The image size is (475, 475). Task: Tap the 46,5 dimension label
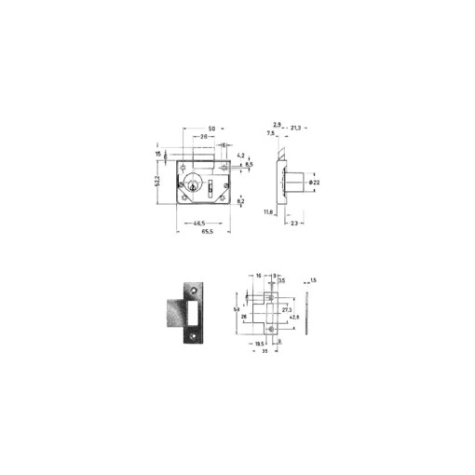coord(198,223)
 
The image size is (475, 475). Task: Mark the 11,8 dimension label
coord(268,211)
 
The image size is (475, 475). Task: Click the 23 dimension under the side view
coord(294,224)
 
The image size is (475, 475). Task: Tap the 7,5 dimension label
coord(271,133)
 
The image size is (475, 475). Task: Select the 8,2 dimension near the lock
coord(240,201)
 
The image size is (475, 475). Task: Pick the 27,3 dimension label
coord(286,308)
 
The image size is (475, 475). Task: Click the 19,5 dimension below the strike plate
coord(260,344)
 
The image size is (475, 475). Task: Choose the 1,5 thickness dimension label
coord(314,280)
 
